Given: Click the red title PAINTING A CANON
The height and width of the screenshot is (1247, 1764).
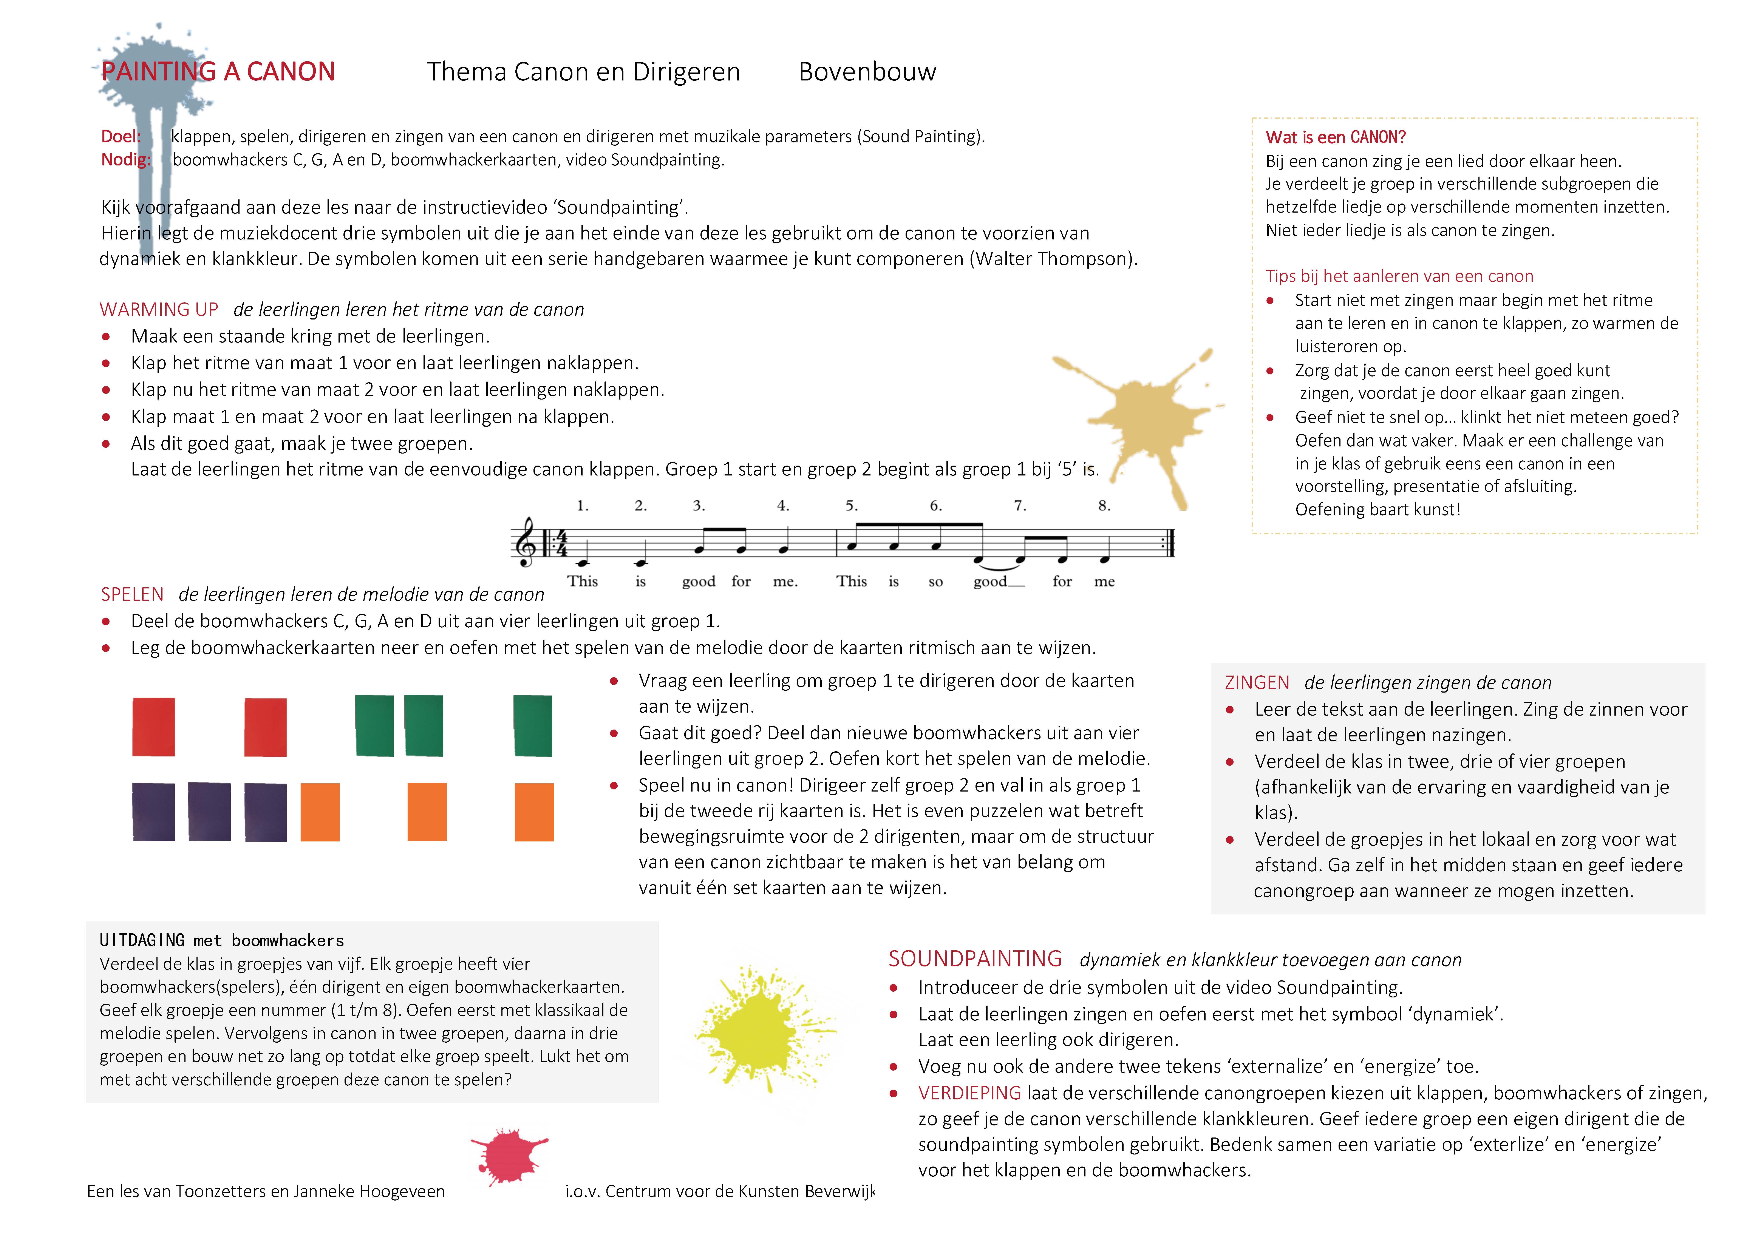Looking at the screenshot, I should click(x=218, y=71).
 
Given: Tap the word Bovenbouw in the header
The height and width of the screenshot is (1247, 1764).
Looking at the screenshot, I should click(x=867, y=71).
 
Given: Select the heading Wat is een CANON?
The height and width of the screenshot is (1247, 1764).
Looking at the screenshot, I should click(x=1335, y=137).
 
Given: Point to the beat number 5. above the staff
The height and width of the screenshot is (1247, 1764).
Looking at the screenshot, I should click(x=851, y=506).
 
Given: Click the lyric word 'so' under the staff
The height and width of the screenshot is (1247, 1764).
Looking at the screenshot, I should click(x=935, y=582).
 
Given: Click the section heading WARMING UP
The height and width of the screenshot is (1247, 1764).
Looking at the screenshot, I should click(x=159, y=310).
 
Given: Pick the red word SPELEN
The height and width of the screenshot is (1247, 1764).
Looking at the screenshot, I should click(x=132, y=595).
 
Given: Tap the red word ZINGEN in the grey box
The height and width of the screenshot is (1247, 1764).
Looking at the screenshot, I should click(x=1257, y=683).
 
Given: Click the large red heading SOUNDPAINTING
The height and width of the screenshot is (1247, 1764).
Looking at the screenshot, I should click(x=975, y=959).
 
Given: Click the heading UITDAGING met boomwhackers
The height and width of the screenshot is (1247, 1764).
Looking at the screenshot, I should click(x=221, y=940).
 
